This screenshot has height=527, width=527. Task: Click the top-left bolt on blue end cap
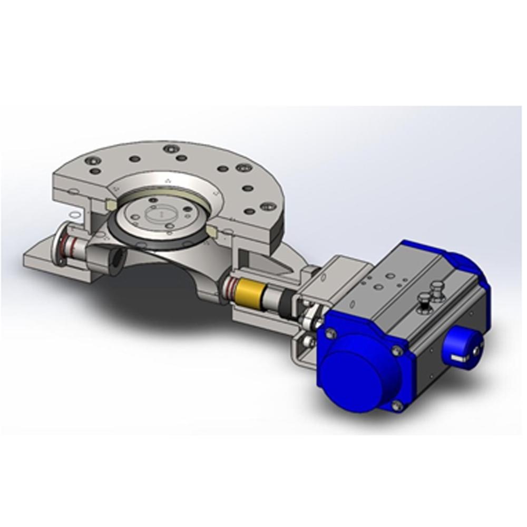click(330, 333)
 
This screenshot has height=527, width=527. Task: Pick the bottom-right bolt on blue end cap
click(397, 405)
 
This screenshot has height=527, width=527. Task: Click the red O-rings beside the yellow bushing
click(230, 286)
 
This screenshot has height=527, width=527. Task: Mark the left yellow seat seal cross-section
click(111, 203)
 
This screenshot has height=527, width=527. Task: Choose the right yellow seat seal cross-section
click(212, 231)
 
